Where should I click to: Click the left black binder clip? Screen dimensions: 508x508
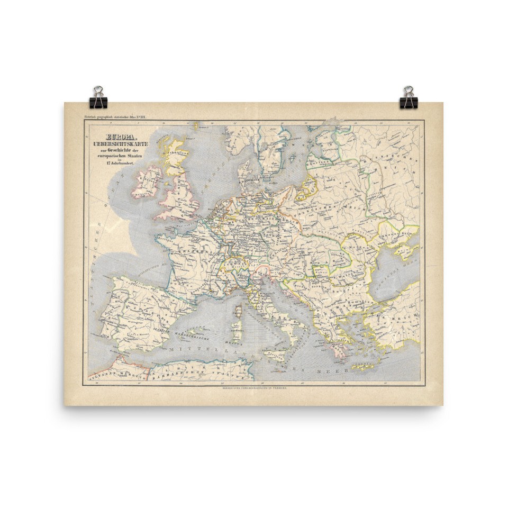(x=98, y=98)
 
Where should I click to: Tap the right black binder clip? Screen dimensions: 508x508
(x=409, y=98)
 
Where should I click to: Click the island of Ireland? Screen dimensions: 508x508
(x=147, y=182)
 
